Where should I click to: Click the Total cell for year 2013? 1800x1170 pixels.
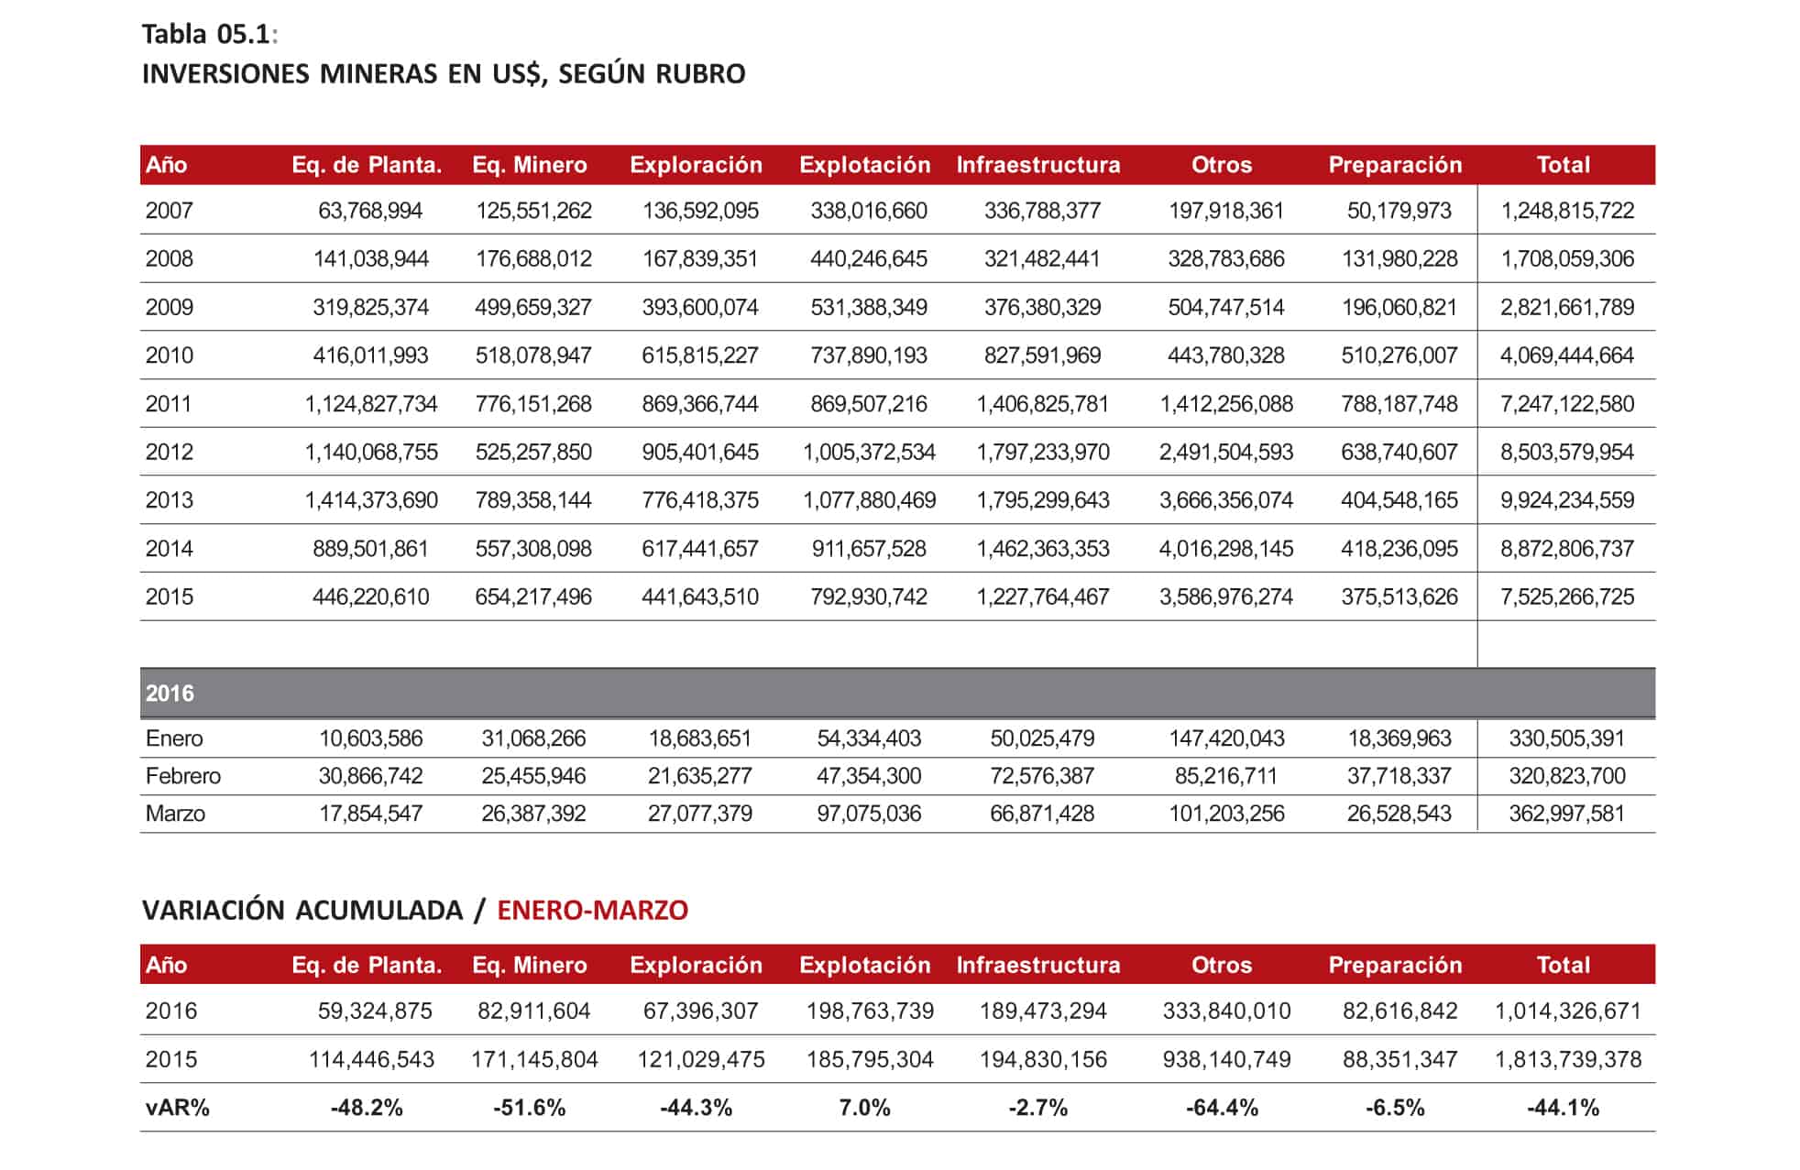[1566, 500]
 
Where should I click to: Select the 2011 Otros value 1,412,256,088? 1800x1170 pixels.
[1225, 404]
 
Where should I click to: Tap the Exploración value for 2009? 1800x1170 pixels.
[699, 307]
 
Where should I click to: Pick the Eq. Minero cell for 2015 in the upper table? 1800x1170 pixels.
[532, 597]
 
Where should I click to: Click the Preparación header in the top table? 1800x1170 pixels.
[1395, 165]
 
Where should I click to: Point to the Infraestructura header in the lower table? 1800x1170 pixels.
[1037, 965]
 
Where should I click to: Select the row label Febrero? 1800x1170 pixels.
[182, 776]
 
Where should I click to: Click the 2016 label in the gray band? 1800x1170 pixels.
[170, 694]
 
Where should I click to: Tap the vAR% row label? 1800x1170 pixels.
[177, 1108]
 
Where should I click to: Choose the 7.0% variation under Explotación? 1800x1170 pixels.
[864, 1108]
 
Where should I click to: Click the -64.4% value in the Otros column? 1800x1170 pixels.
[1222, 1108]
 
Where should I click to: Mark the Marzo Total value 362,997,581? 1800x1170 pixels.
[1566, 814]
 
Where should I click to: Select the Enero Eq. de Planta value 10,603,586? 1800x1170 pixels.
[370, 738]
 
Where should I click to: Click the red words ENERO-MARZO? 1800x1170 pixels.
[592, 910]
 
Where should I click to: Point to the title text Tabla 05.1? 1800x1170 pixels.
[206, 34]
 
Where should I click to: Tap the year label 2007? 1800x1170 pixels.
[169, 211]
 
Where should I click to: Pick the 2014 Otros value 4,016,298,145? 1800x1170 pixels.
[1225, 549]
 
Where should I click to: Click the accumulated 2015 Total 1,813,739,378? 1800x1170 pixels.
[1567, 1060]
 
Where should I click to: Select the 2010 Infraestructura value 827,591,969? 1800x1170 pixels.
[1042, 355]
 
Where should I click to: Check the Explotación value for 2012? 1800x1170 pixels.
[869, 453]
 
